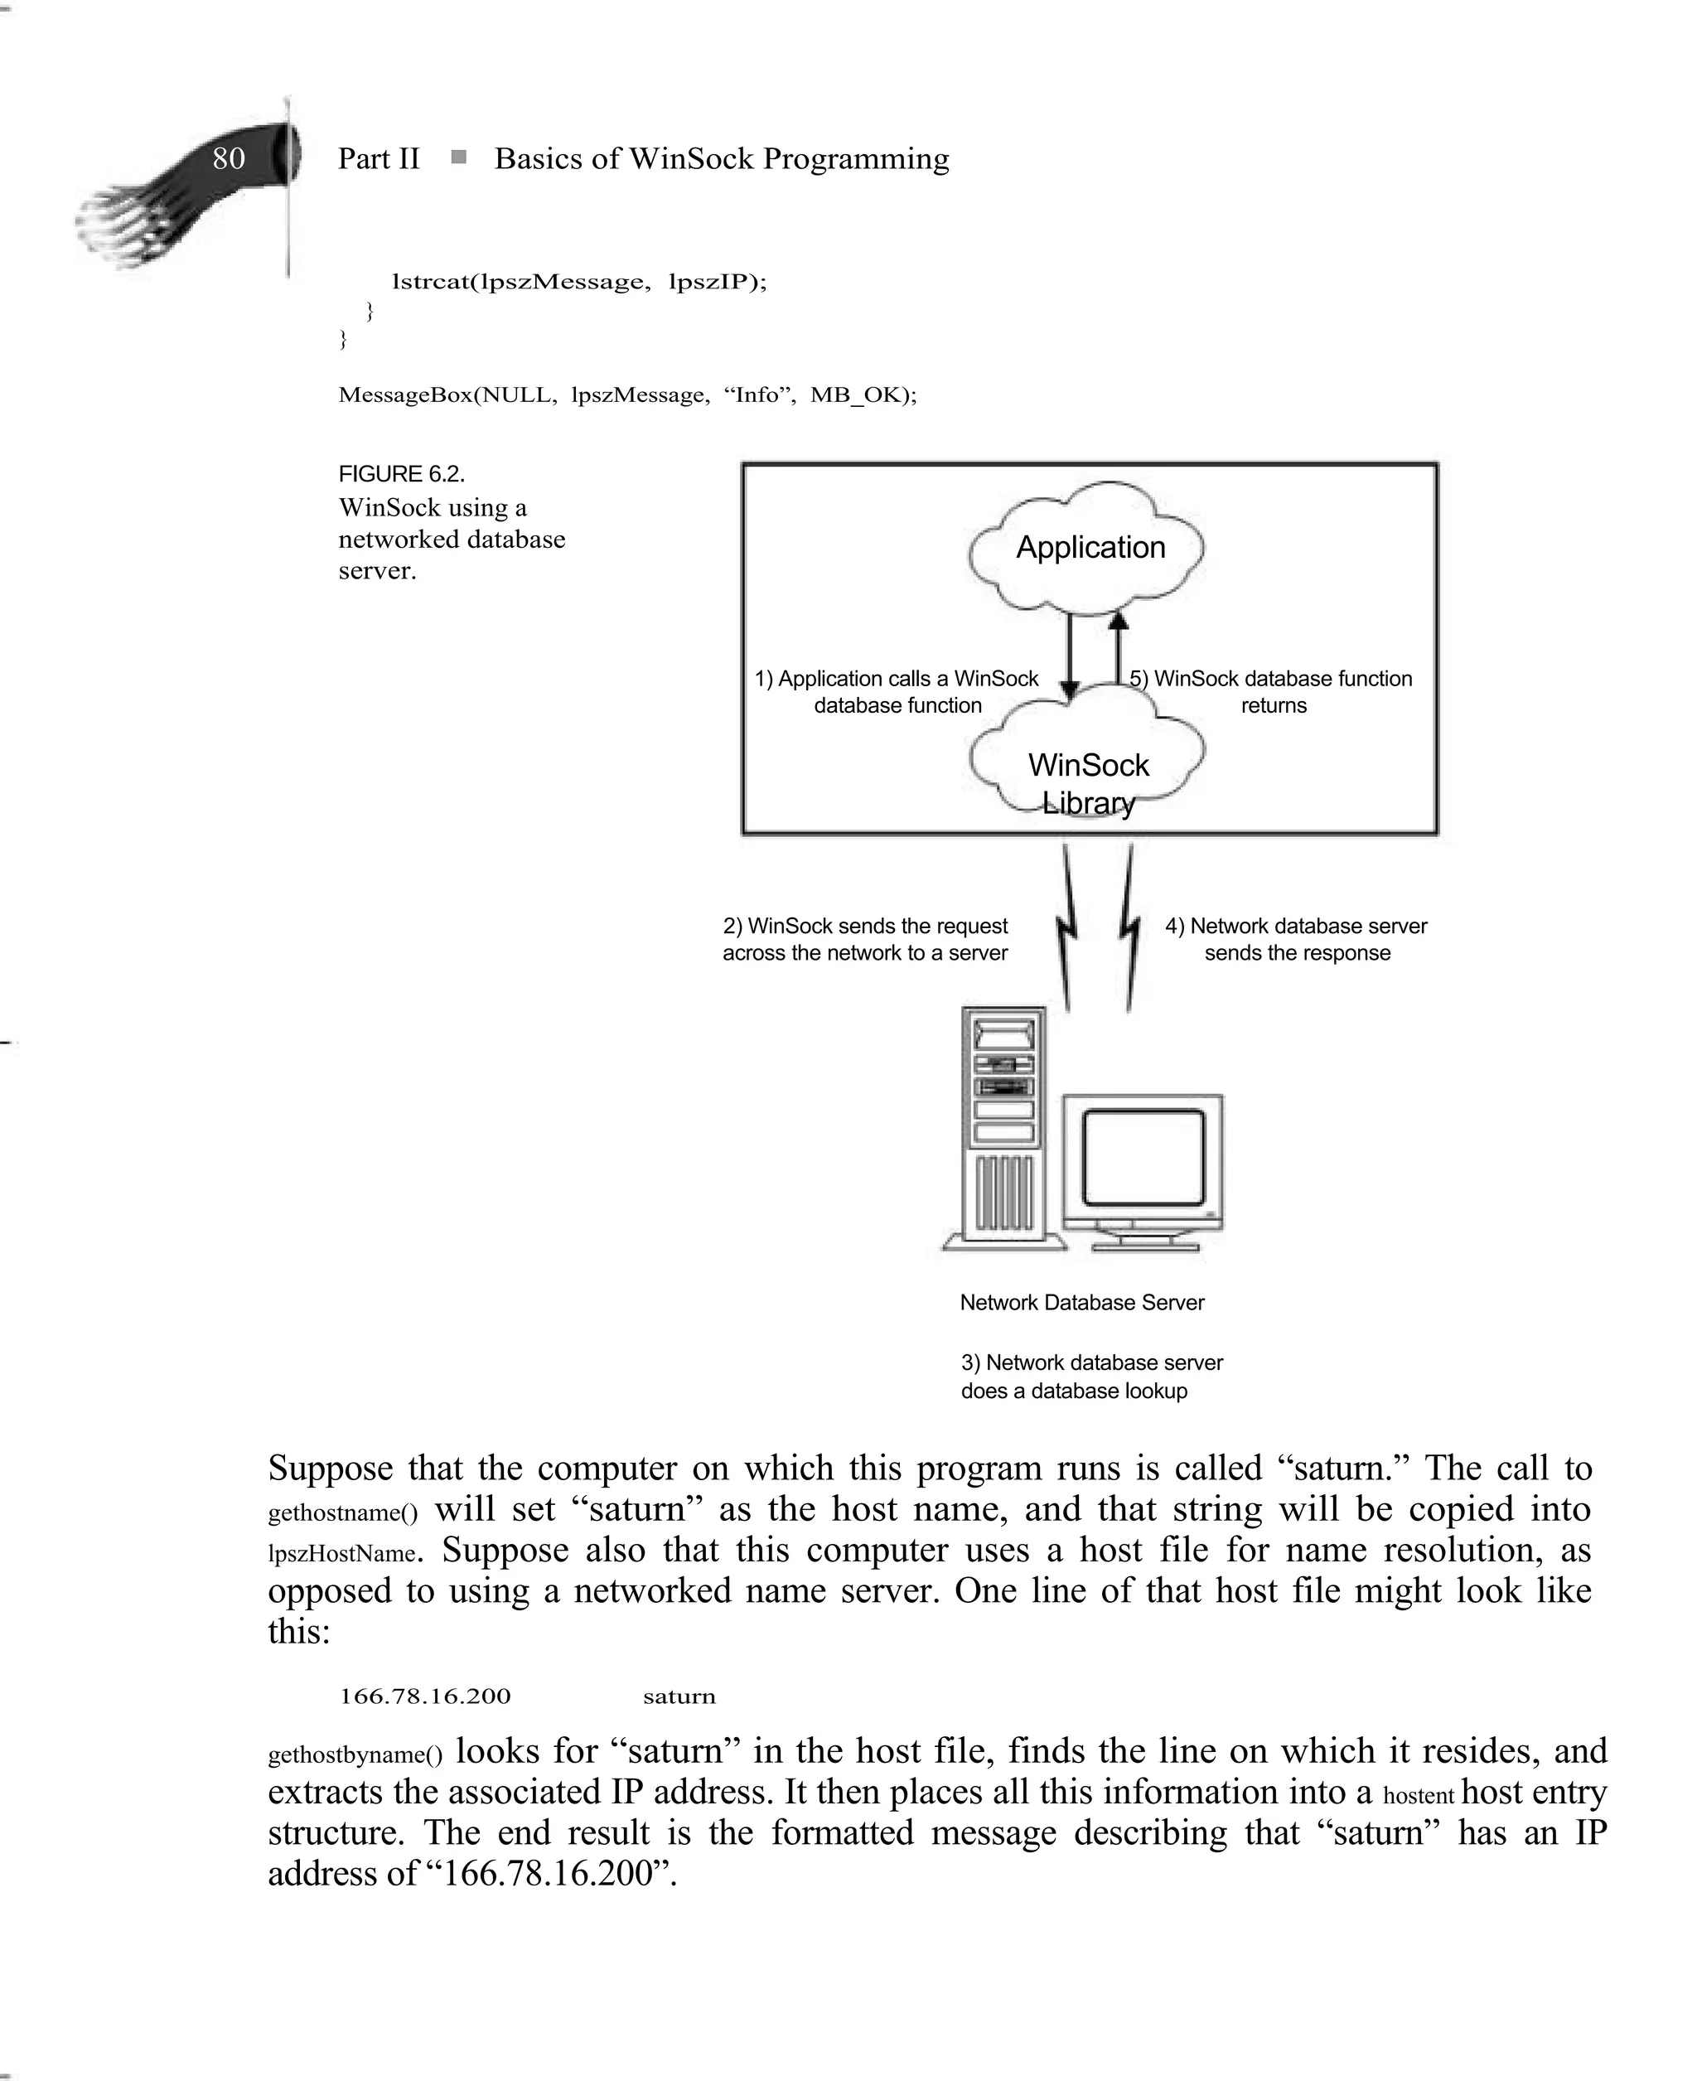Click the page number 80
(229, 158)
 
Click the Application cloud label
(1090, 547)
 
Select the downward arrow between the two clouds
(1070, 655)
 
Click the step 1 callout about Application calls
(897, 692)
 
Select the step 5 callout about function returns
(1272, 692)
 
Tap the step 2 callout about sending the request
(865, 939)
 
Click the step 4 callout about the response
(1296, 939)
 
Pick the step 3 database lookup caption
(1091, 1377)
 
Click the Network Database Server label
(1081, 1302)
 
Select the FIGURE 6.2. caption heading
(402, 474)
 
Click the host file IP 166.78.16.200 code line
(425, 1696)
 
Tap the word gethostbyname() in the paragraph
(355, 1754)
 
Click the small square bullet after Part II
(458, 157)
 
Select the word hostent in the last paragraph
(1419, 1796)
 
